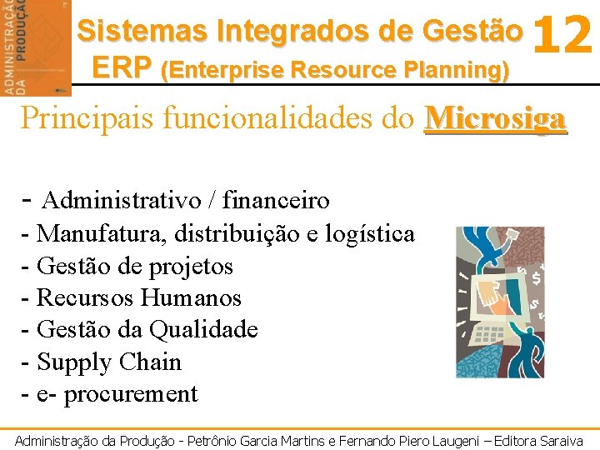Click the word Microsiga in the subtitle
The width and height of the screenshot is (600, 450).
495,118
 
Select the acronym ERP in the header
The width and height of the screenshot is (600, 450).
123,67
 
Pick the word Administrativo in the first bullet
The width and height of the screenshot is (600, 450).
122,201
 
